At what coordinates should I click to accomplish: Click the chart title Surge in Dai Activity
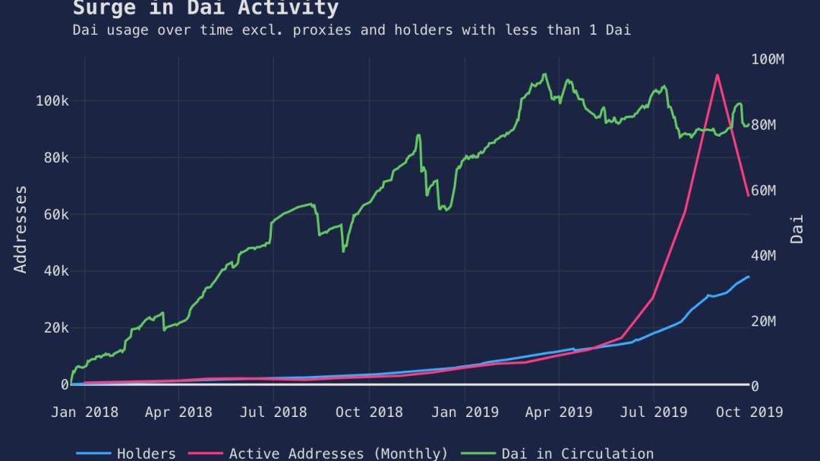coord(205,8)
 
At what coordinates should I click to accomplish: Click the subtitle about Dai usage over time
coord(352,30)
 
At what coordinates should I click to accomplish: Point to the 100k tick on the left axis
coord(52,101)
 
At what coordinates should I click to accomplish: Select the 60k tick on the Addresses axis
coord(55,214)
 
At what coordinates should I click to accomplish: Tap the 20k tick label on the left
coord(55,327)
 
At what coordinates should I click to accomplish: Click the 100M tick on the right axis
coord(767,59)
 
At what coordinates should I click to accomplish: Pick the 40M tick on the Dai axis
coord(763,255)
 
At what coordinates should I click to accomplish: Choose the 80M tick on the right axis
coord(763,125)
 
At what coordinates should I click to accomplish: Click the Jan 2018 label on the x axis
coord(84,412)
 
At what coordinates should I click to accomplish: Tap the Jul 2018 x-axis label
coord(273,412)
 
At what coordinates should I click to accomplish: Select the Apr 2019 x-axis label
coord(559,412)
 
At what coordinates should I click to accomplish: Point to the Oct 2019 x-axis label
coord(749,412)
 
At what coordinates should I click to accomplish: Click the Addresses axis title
coord(20,229)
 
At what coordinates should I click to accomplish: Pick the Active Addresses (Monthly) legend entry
coord(338,453)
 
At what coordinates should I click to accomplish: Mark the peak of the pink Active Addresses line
coord(717,74)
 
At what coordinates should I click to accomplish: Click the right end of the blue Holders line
coord(749,276)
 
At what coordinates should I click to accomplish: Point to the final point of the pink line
coord(749,195)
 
